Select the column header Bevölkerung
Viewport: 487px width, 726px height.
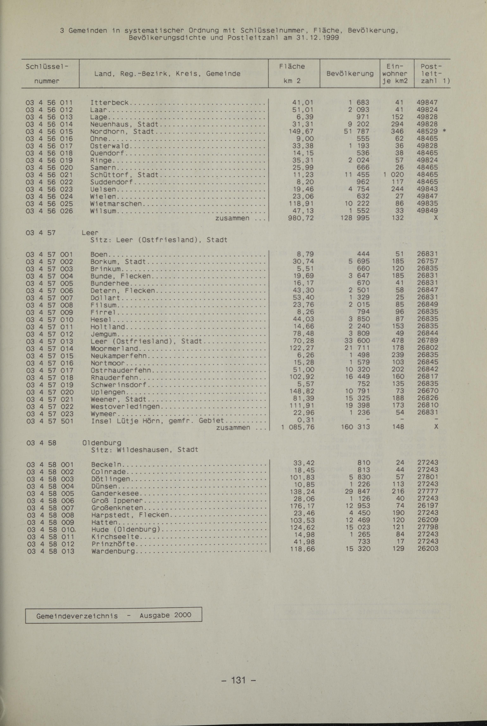tap(350, 74)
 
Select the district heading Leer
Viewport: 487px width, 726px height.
tap(90, 233)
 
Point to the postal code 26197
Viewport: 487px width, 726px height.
tap(428, 506)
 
